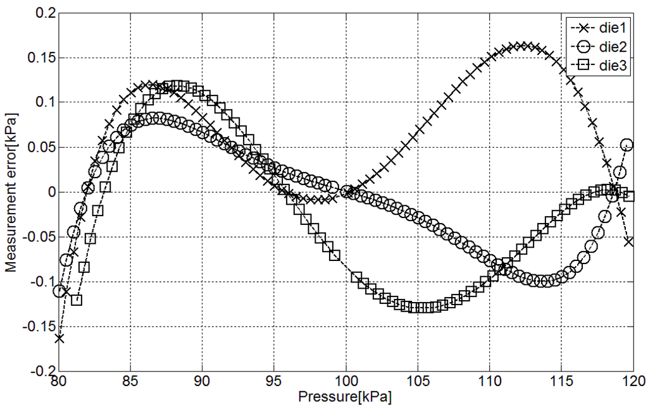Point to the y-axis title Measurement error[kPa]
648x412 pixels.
(11, 192)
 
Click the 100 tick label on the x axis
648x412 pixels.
(346, 382)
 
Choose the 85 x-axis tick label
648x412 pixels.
(130, 382)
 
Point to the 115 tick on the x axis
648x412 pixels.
(561, 382)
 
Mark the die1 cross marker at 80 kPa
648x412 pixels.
(59, 338)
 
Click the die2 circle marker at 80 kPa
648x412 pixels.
(59, 291)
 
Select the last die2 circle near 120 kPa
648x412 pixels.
(626, 145)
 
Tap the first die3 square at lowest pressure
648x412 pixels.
(77, 300)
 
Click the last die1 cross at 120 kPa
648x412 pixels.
(628, 241)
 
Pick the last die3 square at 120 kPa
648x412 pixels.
(629, 196)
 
